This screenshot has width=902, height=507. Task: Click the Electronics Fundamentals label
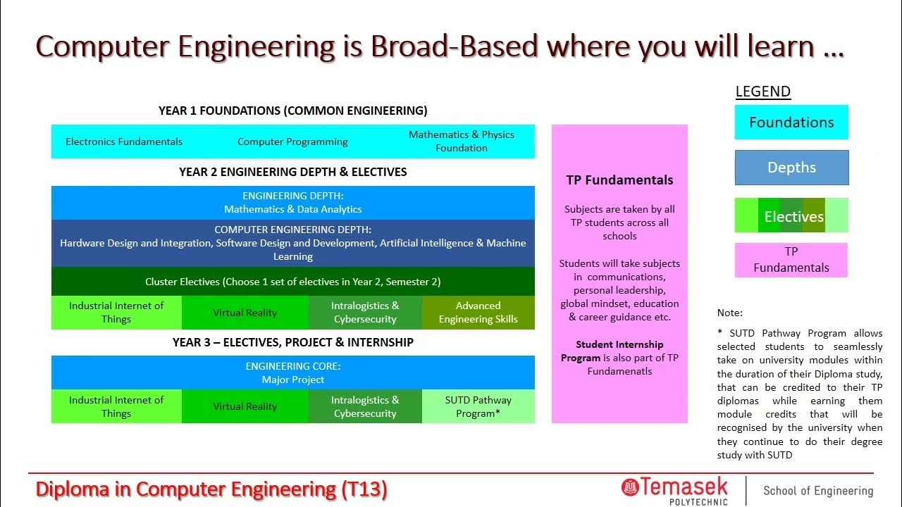click(124, 142)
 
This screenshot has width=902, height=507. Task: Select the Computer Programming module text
click(292, 142)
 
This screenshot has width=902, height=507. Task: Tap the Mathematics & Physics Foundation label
click(462, 141)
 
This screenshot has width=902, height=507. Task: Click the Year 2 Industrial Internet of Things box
click(116, 312)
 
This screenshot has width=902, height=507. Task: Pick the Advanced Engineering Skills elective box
click(478, 312)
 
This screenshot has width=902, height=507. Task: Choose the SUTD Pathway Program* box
click(478, 406)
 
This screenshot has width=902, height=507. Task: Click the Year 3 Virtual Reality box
click(245, 406)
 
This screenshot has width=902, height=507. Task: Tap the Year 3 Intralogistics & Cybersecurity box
click(365, 406)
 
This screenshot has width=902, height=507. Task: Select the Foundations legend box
click(791, 123)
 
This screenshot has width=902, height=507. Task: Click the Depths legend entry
click(791, 168)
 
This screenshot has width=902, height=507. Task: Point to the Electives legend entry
click(791, 215)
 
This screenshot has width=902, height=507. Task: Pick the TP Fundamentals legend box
click(791, 260)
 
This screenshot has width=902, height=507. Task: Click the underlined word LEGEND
click(763, 92)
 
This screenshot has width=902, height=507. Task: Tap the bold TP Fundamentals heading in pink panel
click(619, 180)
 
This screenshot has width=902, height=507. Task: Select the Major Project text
click(293, 380)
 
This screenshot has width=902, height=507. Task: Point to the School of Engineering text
click(818, 491)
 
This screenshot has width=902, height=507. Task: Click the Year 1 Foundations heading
click(292, 111)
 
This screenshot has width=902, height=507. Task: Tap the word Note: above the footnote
click(730, 313)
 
